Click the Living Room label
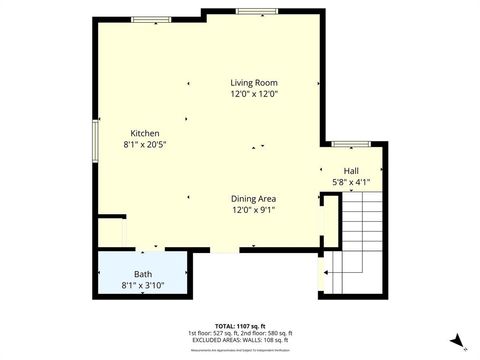[254, 83]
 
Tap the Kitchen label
[145, 133]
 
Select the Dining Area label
[254, 198]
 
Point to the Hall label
[351, 171]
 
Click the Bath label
[144, 274]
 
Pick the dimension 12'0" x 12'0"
[254, 94]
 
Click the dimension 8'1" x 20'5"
[145, 144]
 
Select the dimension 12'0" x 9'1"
[254, 210]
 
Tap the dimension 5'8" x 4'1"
[351, 182]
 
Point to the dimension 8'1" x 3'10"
[144, 285]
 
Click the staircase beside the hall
[362, 240]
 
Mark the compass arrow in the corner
[457, 341]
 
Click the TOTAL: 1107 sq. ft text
[240, 325]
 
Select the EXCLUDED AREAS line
[240, 339]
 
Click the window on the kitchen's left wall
[97, 135]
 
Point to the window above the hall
[351, 143]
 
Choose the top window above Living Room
[250, 10]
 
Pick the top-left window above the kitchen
[150, 19]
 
